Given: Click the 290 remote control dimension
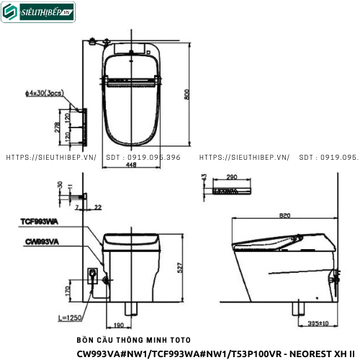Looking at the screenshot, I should pyautogui.click(x=232, y=176).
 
